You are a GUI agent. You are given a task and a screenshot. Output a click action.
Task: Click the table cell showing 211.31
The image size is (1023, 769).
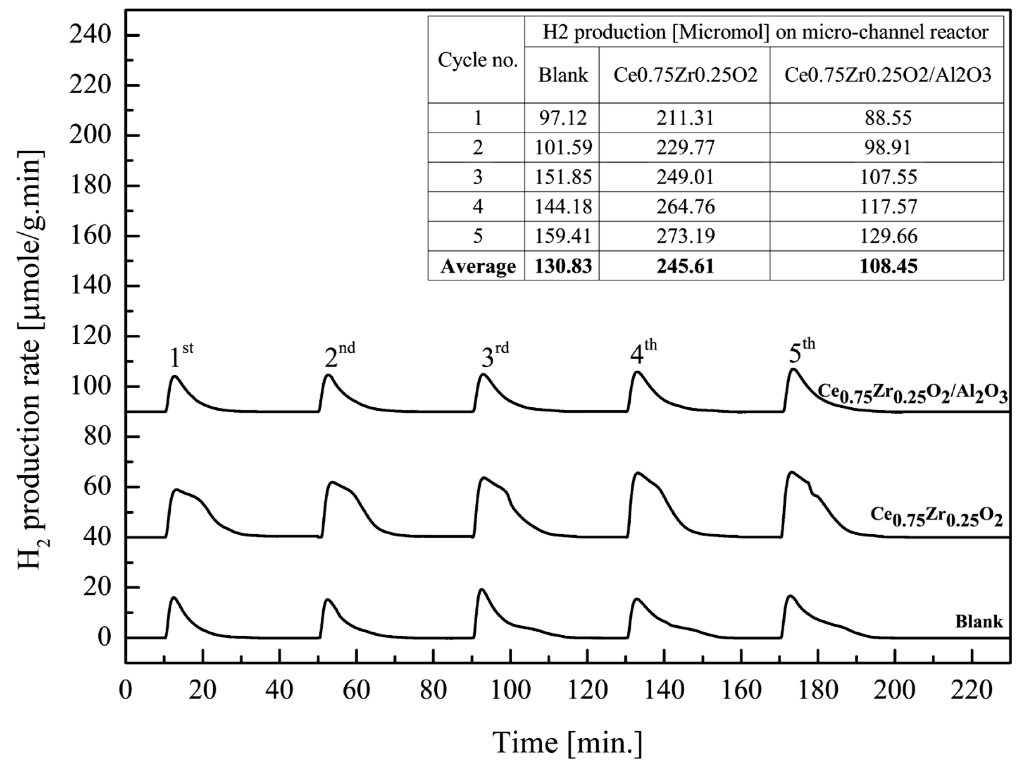point(685,118)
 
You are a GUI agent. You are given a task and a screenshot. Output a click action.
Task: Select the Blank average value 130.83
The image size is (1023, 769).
point(563,266)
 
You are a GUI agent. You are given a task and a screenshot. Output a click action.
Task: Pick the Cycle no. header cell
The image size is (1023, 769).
point(477,60)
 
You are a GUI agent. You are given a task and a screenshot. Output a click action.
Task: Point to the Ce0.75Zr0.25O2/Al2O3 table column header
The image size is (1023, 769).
point(887,75)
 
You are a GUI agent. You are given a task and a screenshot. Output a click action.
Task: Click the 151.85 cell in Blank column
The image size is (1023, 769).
point(563,177)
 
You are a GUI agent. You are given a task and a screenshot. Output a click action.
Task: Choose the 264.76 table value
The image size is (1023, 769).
point(685,206)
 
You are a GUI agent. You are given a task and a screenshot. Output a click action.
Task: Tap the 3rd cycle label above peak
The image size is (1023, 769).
point(494,355)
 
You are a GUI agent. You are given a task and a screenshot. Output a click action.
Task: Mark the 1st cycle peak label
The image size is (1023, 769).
point(180,356)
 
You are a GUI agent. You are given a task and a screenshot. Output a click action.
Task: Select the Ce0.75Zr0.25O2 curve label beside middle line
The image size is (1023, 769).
point(936,517)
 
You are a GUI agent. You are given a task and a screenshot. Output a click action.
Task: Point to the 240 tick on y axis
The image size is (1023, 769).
point(90,36)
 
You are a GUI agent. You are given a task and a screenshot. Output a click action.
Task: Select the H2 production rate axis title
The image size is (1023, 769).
point(33,361)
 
